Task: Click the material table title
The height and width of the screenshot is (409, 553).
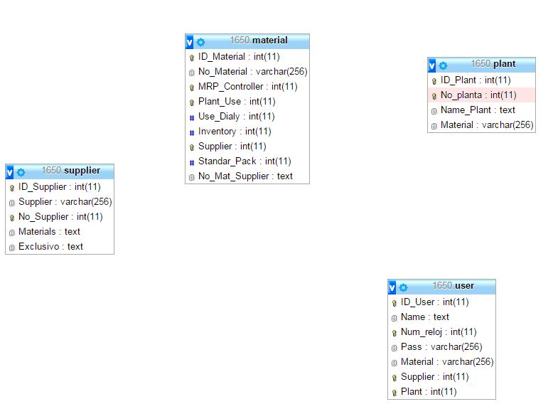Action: click(259, 41)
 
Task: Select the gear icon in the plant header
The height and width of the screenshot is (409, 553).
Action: click(443, 65)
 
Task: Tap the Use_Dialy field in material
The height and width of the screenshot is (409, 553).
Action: click(236, 117)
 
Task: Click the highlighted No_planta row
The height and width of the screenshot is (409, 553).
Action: click(481, 95)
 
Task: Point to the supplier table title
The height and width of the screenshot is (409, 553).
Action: click(71, 171)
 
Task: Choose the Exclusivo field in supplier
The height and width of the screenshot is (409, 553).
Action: click(50, 246)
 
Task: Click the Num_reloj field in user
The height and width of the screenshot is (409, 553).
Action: click(439, 332)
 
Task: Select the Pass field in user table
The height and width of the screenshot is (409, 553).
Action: click(441, 347)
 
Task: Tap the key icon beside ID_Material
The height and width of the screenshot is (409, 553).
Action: click(191, 58)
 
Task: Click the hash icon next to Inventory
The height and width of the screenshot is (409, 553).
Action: click(191, 133)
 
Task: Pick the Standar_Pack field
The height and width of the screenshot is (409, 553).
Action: click(245, 161)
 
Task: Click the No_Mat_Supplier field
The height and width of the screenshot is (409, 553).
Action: click(245, 176)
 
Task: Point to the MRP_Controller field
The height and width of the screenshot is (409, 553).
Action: click(247, 87)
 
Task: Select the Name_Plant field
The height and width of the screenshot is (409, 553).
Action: click(478, 110)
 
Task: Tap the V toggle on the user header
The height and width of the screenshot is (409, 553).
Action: click(392, 287)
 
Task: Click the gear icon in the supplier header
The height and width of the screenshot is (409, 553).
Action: click(21, 172)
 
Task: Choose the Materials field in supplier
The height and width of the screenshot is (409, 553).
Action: click(49, 231)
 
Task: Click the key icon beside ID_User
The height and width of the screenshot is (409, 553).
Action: click(394, 303)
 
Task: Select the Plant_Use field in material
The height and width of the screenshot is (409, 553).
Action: click(237, 102)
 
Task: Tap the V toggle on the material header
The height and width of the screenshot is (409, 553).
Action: click(189, 42)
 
